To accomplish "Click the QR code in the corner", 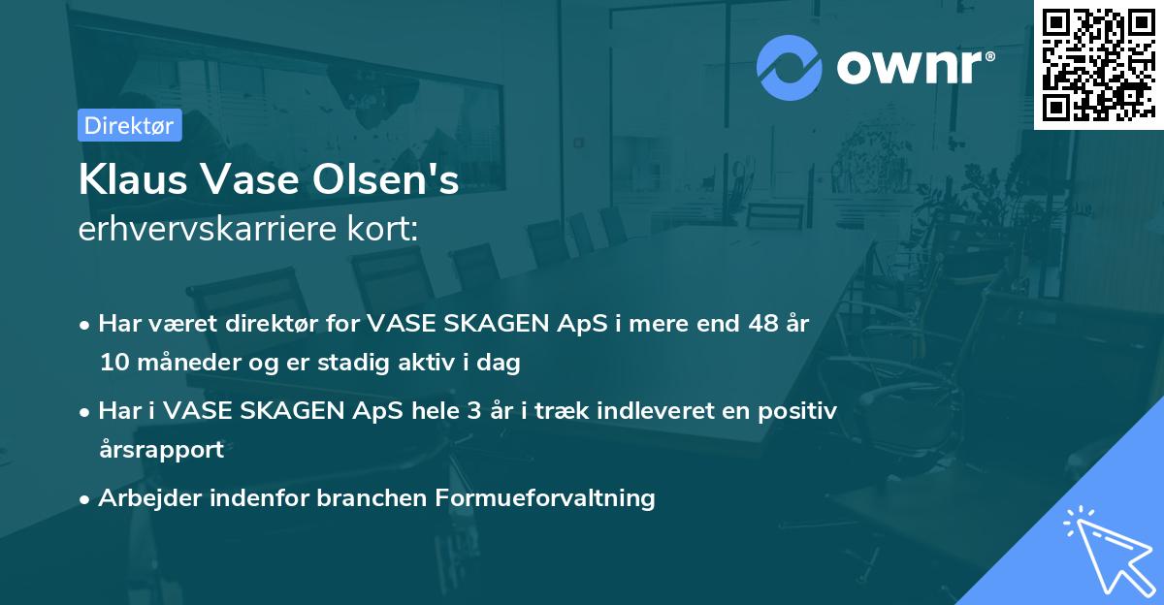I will [x=1098, y=65].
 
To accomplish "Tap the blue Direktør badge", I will [x=129, y=125].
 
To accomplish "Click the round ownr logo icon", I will [x=790, y=67].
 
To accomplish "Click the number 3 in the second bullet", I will [x=475, y=410].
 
